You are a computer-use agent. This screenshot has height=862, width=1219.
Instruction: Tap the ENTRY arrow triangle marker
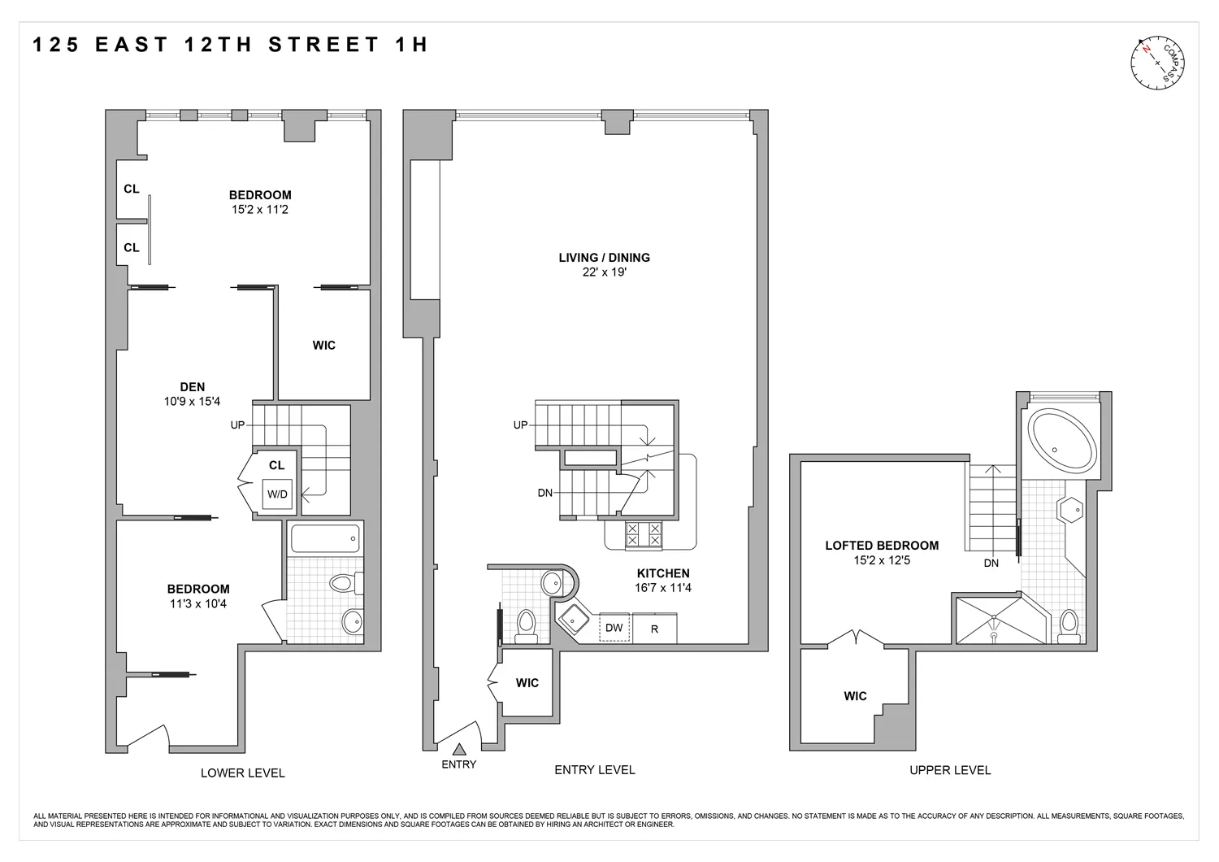coord(459,750)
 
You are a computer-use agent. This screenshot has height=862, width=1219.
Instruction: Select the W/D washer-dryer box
coord(277,494)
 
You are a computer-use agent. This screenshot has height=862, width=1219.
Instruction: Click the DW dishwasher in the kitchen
coord(614,628)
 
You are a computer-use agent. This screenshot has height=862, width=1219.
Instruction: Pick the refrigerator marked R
coord(654,629)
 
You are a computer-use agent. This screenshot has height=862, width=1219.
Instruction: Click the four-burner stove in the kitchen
coord(643,534)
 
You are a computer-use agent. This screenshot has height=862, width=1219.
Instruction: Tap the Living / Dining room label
coord(604,258)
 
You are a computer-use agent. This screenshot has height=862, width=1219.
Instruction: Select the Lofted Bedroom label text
coord(882,546)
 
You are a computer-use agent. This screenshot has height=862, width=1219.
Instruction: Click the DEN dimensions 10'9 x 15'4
coord(192,402)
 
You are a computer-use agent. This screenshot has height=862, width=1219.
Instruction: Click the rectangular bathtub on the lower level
coord(325,538)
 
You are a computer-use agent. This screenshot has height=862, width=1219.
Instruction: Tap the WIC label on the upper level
coord(855,696)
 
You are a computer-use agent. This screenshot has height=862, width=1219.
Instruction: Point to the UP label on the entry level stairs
coord(520,425)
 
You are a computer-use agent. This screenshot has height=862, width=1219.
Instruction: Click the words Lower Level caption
coord(243,773)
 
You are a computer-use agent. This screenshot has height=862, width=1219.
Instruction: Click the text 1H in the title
coord(411,45)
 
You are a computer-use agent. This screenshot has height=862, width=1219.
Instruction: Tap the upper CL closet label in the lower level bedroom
coord(132,189)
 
